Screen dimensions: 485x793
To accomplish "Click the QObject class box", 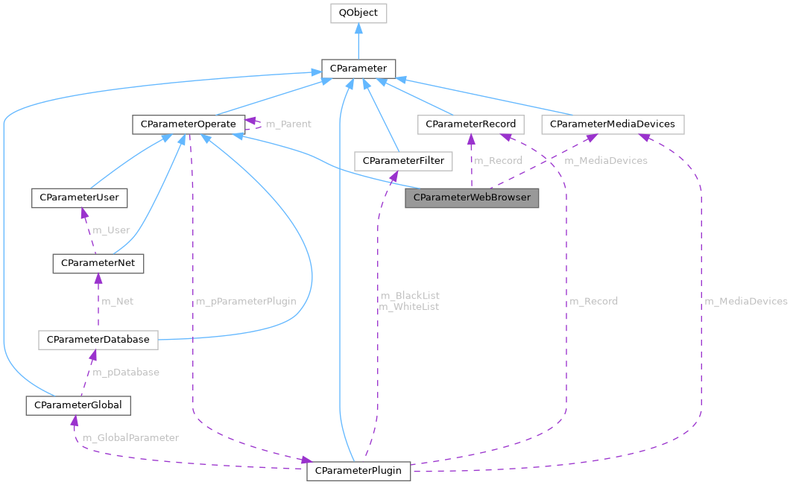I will click(x=358, y=13).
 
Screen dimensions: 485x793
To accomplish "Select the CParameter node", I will click(x=358, y=69).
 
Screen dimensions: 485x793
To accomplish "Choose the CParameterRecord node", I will click(x=470, y=124).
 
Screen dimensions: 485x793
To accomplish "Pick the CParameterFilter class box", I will click(x=403, y=160).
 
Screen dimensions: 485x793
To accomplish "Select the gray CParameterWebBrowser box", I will click(x=472, y=198).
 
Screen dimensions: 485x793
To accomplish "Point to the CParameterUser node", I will click(x=79, y=197).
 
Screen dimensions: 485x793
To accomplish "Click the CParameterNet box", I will click(x=98, y=263).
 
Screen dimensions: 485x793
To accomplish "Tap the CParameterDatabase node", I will click(x=98, y=340).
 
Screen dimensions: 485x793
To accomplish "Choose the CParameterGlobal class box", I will click(x=78, y=405).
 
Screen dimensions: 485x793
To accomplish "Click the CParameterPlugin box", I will click(x=358, y=471).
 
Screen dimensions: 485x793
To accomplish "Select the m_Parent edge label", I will click(x=288, y=124).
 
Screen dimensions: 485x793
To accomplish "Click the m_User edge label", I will click(x=110, y=230).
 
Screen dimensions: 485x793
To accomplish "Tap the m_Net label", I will click(x=117, y=301).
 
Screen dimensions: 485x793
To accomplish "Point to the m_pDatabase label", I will click(x=125, y=372).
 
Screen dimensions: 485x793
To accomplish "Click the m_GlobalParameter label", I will click(x=130, y=437).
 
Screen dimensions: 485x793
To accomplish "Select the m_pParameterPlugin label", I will click(x=246, y=301).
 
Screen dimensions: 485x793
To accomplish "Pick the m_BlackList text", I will click(x=409, y=296).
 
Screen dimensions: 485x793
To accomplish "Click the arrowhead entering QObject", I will click(x=358, y=28).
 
